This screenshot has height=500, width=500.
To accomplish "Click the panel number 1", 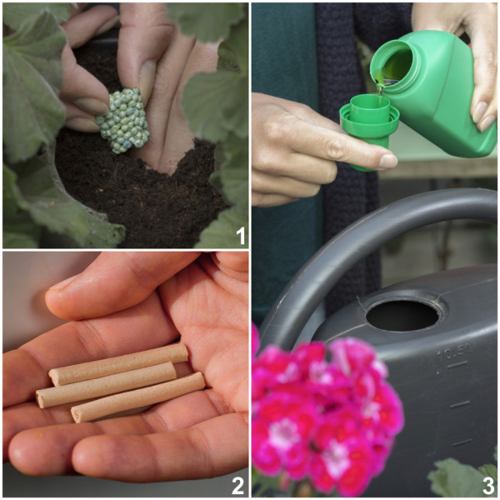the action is [x=241, y=236].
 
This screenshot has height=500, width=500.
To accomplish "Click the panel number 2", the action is [x=237, y=487].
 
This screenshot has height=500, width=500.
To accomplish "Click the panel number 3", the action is [x=487, y=487].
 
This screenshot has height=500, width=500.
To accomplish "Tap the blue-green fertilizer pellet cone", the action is [x=123, y=121].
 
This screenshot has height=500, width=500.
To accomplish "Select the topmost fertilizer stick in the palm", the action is [x=118, y=364].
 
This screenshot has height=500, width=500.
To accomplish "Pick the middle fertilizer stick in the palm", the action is [x=106, y=384].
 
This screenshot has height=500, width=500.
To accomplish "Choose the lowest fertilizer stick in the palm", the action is [x=137, y=397].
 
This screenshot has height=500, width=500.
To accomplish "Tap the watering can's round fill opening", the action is [x=402, y=316].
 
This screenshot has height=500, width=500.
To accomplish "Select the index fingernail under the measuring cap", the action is [x=387, y=161].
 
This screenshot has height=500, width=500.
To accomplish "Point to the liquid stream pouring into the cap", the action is [x=379, y=91].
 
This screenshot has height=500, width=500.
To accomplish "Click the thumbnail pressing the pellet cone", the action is [x=147, y=79].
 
